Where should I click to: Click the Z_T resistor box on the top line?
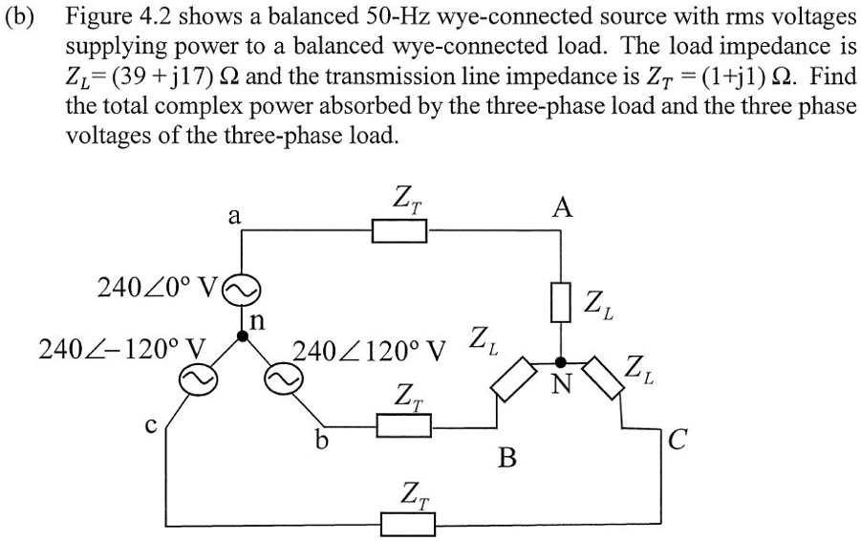[399, 230]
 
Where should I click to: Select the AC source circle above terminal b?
[284, 380]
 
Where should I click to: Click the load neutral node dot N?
[561, 362]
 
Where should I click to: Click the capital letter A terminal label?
[563, 207]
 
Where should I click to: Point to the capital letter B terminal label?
[508, 459]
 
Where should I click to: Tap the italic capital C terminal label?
[677, 440]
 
